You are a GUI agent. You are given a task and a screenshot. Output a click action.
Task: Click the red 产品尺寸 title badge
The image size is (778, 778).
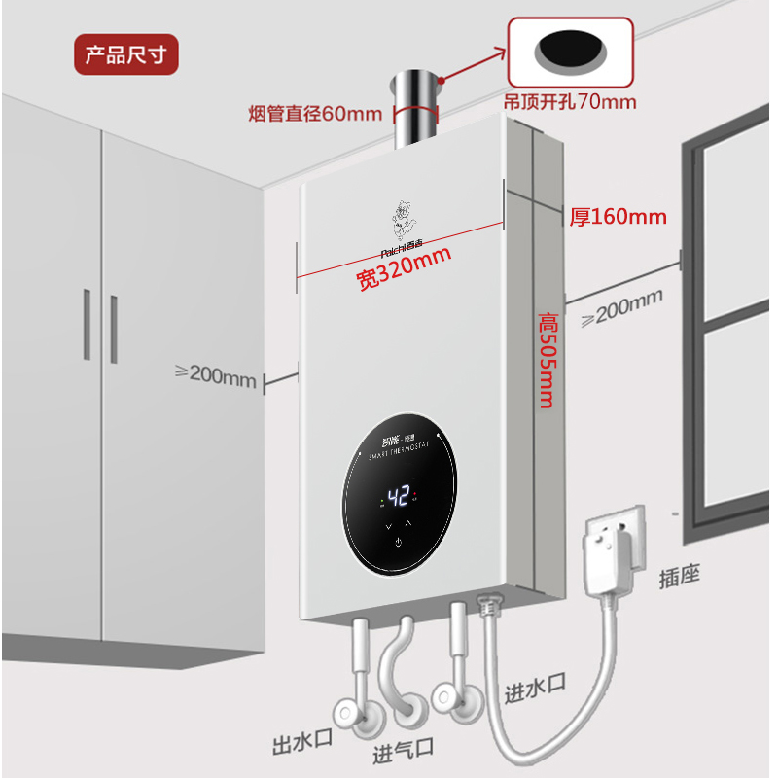126,54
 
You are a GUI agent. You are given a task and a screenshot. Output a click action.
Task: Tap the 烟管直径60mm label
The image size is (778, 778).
315,113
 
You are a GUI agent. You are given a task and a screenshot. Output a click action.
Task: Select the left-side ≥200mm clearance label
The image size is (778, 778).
215,374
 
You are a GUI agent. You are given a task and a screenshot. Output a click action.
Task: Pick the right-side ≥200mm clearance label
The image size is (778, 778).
623,307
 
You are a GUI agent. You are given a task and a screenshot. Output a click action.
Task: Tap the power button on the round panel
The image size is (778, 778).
397,543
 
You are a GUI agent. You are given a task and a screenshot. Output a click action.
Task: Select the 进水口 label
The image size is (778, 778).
535,691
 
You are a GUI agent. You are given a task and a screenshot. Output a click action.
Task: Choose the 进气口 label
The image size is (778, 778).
403,753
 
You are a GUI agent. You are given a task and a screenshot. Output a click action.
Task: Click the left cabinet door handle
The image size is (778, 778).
88,326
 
